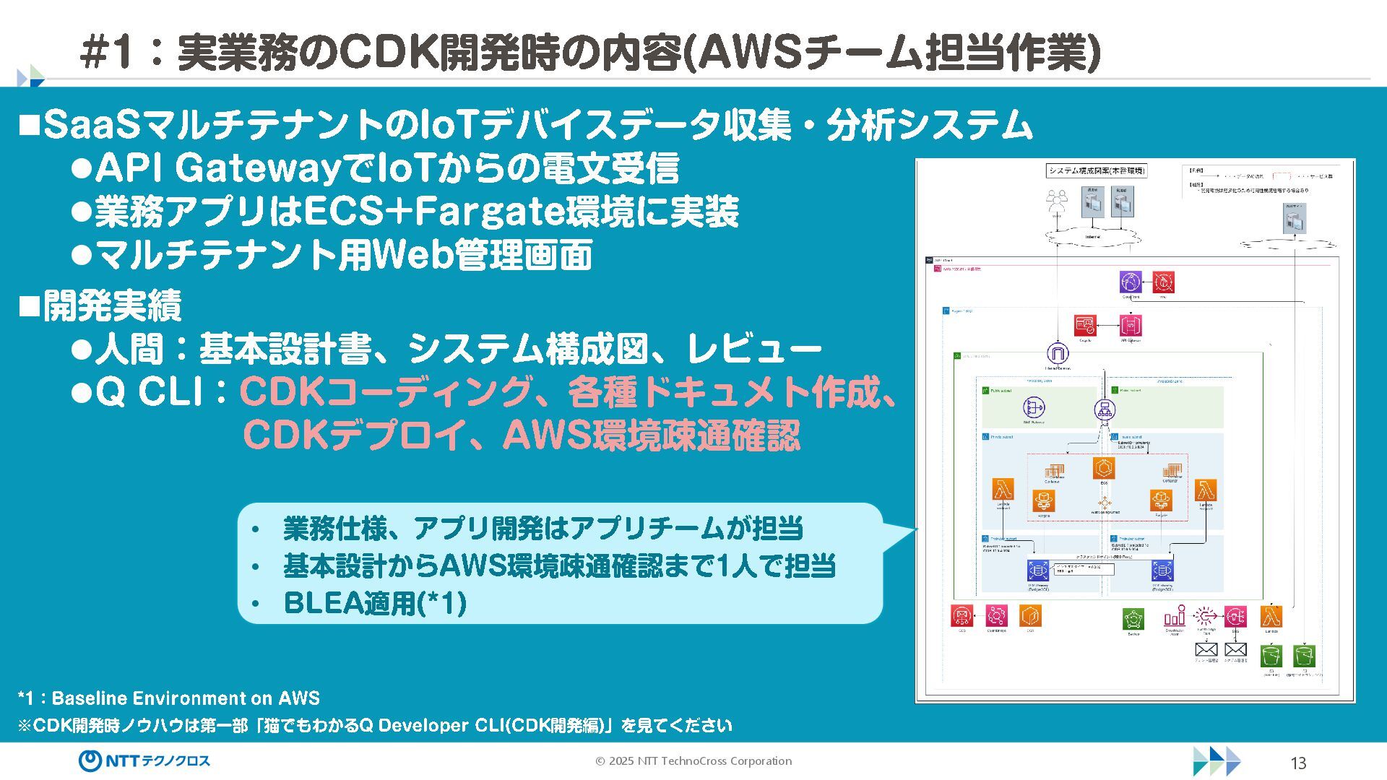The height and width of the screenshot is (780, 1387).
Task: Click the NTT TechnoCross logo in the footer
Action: point(144,760)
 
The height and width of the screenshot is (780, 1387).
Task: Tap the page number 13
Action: point(1297,763)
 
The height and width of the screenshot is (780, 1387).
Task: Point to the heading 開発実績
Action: point(112,306)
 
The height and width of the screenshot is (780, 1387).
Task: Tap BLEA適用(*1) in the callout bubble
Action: point(375,603)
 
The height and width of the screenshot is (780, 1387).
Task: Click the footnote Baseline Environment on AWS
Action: point(186,698)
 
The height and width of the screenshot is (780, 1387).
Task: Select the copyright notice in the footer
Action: point(693,761)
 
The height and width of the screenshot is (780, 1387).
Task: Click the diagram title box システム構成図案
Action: point(1097,171)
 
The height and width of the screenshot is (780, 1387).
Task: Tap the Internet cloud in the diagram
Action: point(1092,236)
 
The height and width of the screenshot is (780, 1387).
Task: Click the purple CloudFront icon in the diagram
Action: point(1131,282)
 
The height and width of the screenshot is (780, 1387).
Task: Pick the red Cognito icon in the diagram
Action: point(1085,326)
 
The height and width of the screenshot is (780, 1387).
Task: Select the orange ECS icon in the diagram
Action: point(1103,468)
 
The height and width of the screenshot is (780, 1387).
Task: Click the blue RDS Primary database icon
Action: point(1038,571)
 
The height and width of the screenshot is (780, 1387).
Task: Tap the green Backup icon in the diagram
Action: point(1133,619)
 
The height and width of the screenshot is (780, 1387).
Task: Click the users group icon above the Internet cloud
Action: point(1057,200)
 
